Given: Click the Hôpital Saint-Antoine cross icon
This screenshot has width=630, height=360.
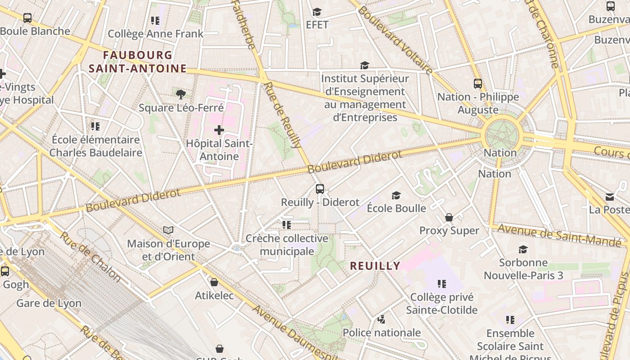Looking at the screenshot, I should pos(219,130).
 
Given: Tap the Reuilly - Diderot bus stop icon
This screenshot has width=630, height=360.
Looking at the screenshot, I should pos(320,189).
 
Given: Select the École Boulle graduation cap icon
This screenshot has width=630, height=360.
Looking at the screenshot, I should pos(396,195).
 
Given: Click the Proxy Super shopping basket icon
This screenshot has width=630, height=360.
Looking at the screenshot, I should pos(449,218).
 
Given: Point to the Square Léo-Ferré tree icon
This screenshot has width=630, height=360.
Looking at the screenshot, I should pos(181,94).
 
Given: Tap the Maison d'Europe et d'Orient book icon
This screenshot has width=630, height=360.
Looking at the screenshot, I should pos(168,230).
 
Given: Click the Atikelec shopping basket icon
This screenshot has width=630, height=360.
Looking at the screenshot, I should pos(214,282).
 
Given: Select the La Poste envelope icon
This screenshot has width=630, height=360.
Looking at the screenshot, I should pos(610,197).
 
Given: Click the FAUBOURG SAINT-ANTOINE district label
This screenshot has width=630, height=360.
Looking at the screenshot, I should pos(138,62).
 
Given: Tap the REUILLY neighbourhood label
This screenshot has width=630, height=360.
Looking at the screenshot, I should pos(375,266).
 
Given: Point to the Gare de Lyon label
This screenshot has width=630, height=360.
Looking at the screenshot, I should pos(49,303).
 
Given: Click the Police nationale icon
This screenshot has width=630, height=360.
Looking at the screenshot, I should pos(382,319).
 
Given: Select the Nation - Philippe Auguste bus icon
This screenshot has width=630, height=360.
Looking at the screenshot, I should pos(478,84).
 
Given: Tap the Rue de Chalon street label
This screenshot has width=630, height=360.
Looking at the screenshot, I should pos(90,257).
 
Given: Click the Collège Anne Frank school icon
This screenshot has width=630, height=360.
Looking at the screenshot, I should pos(155,21).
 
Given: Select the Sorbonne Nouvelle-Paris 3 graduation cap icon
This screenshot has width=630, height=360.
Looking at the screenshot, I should pos(523,249).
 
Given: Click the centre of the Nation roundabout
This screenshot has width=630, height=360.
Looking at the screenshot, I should pos(502,134).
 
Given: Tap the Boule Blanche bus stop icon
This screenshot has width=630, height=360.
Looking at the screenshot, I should pos(27,18).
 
